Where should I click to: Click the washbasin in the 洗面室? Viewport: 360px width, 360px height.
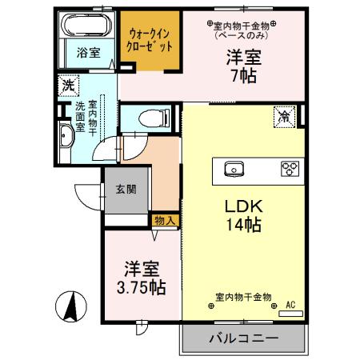pyautogui.click(x=66, y=137)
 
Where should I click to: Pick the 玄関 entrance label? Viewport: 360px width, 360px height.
pyautogui.click(x=126, y=190)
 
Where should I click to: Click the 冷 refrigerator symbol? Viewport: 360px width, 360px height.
pyautogui.click(x=285, y=115)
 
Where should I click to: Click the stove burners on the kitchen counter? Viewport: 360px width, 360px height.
pyautogui.click(x=289, y=169)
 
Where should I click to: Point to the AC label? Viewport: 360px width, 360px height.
pyautogui.click(x=290, y=304)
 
